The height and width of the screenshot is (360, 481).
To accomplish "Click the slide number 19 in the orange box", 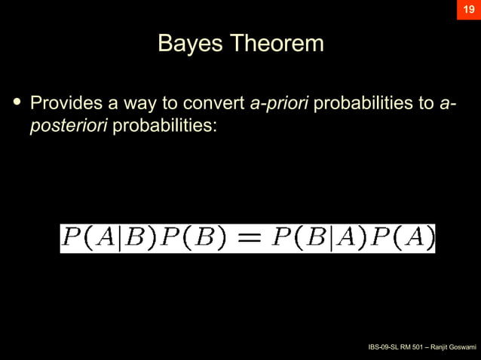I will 468,10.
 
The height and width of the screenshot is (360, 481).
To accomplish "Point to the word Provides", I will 65,102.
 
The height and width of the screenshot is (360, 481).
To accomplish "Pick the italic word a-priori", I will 278,102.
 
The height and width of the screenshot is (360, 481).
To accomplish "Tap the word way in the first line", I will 140,102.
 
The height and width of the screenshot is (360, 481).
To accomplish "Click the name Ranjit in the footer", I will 432,347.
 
